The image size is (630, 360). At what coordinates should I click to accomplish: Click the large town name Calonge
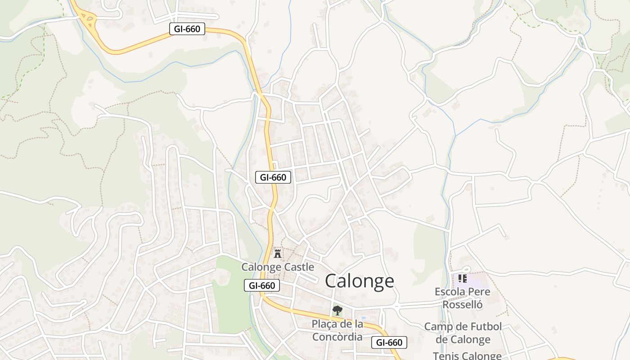[359, 281]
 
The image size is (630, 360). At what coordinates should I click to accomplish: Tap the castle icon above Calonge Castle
[278, 253]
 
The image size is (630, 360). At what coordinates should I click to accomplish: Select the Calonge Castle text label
[278, 267]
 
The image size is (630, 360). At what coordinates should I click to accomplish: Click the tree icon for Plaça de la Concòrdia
[337, 310]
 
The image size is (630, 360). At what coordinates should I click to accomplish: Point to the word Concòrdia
[337, 337]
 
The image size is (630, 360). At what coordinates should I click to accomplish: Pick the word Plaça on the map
[325, 324]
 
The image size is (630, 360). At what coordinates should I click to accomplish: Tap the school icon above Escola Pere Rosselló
[463, 279]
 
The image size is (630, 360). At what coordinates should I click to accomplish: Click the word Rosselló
[463, 305]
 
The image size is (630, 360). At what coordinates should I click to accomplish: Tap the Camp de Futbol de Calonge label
[463, 333]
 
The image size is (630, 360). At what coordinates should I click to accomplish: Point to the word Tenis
[445, 356]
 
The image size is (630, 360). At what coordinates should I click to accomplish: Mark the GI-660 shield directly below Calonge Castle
[262, 285]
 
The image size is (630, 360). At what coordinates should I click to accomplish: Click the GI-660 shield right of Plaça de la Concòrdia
[389, 342]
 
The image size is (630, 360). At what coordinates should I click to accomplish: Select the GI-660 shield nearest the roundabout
[187, 29]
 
